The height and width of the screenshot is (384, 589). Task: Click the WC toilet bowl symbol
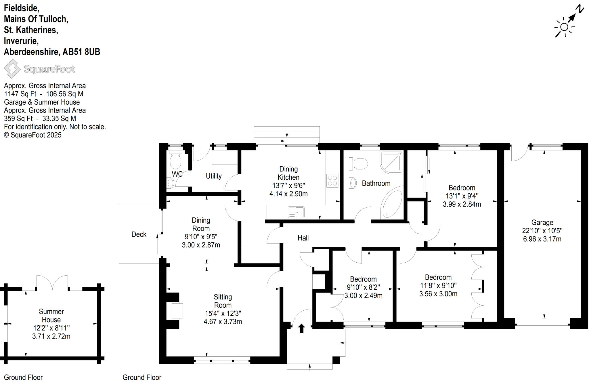click(175, 161)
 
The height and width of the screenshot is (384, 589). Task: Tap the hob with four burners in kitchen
click(332, 181)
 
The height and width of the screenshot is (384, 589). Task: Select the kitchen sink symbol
click(296, 213)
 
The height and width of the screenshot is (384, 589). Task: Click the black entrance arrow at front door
click(301, 328)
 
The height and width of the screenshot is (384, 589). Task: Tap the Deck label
click(139, 234)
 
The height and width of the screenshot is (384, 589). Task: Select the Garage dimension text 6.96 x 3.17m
click(542, 239)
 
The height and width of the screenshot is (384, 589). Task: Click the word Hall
click(303, 238)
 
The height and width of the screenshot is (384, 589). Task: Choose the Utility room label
click(214, 176)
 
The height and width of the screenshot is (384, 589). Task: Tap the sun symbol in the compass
click(564, 27)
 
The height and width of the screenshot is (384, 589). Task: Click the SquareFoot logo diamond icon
click(12, 69)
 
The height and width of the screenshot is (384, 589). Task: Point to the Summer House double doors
click(52, 282)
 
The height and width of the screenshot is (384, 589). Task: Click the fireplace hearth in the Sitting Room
click(177, 311)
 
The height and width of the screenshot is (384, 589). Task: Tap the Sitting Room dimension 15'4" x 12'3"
click(223, 313)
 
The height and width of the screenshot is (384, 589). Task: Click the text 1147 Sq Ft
click(20, 94)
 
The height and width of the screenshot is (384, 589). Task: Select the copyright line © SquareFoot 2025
click(32, 135)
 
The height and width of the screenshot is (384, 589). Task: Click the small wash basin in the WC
click(170, 183)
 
